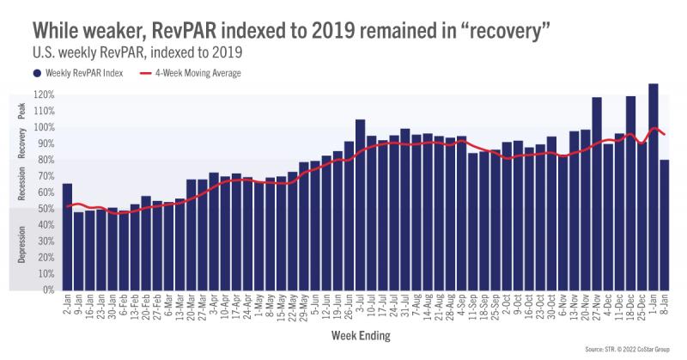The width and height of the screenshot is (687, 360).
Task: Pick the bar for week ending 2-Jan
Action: (67, 236)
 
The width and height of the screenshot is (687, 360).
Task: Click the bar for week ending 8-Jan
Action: (665, 224)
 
